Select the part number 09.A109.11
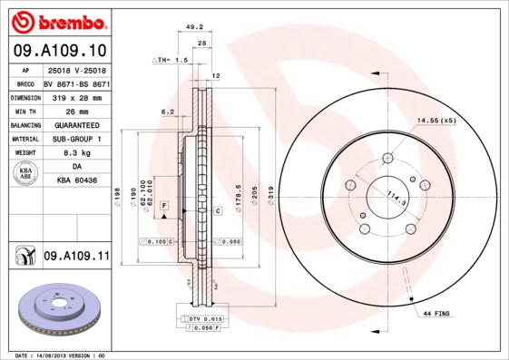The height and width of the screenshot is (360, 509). coord(76,258)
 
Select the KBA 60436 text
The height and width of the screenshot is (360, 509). coord(76,182)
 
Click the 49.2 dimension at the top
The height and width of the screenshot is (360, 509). coord(193,27)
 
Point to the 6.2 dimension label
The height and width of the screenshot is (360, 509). coord(167,112)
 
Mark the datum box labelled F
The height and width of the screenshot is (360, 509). coord(164,208)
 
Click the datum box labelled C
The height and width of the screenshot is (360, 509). coord(219,210)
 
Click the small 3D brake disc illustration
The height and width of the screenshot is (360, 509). coord(54,308)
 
